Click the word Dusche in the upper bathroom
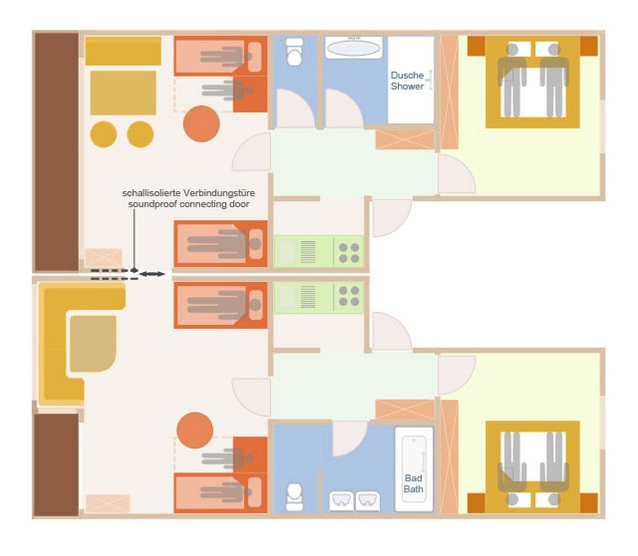tap(407, 75)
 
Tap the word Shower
tap(407, 86)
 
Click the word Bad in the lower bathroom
tap(413, 478)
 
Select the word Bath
tap(413, 489)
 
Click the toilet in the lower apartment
tap(295, 497)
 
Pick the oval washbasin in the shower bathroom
tap(354, 48)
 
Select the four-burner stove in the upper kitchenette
tap(349, 253)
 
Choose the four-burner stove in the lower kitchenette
tap(349, 296)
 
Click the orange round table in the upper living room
tap(202, 124)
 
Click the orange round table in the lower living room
tap(195, 431)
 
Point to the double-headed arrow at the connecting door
tap(152, 274)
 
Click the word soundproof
tap(153, 204)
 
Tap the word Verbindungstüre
tap(219, 193)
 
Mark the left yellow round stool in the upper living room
tap(104, 134)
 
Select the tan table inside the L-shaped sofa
tap(93, 343)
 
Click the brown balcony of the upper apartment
tap(56, 151)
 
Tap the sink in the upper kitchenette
tap(287, 252)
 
